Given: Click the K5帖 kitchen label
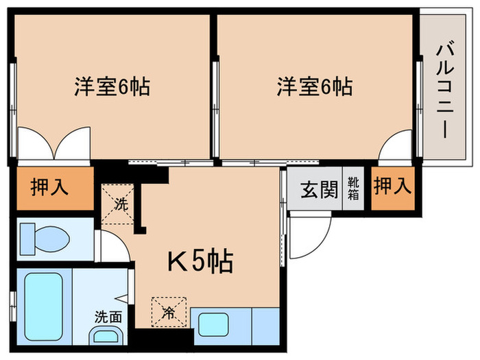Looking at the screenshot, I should coord(200,261).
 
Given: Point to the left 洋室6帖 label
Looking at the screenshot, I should coord(112,87).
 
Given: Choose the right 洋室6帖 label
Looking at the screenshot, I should coord(315,87).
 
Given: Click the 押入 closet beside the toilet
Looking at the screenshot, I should coord(50,188).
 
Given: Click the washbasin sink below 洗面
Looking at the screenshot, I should coord(105,336).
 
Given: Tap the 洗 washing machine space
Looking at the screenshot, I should coord(119,204).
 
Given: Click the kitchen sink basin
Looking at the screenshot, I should coord(213,325).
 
